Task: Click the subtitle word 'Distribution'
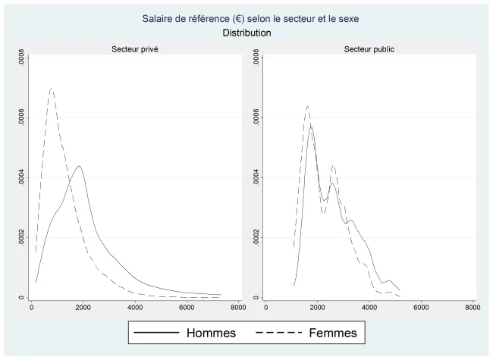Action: pyautogui.click(x=247, y=33)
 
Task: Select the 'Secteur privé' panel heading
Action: pyautogui.click(x=135, y=49)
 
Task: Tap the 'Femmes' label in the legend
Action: pyautogui.click(x=338, y=333)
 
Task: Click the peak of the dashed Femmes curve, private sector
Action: pyautogui.click(x=52, y=89)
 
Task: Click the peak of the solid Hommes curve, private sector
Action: pyautogui.click(x=79, y=166)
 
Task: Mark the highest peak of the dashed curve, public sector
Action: pyautogui.click(x=307, y=106)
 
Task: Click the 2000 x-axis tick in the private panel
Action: pyautogui.click(x=83, y=307)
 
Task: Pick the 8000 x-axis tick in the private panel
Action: pyautogui.click(x=237, y=307)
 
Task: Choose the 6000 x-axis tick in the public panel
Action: pyautogui.click(x=421, y=307)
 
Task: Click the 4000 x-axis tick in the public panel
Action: pyautogui.click(x=369, y=307)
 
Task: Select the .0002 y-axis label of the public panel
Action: pyautogui.click(x=256, y=238)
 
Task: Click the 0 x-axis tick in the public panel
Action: pyautogui.click(x=266, y=307)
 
